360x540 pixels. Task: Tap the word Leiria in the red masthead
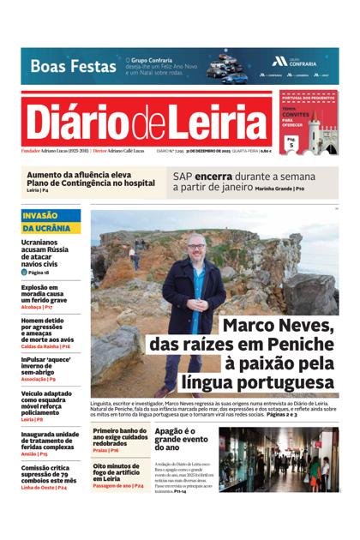tap(225, 123)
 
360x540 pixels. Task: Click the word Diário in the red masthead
tap(79, 123)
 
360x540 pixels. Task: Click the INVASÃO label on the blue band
tap(40, 215)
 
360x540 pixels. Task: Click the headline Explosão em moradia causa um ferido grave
tap(46, 294)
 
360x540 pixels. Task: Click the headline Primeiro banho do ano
tap(119, 437)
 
